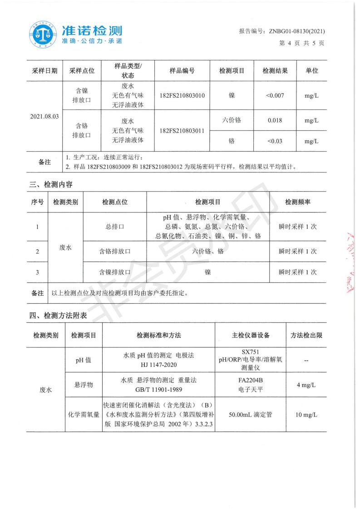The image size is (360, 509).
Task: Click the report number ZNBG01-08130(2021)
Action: [297, 31]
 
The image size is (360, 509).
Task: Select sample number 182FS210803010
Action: [182, 96]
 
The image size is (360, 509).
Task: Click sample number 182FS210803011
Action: [182, 131]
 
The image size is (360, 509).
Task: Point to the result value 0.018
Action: [275, 121]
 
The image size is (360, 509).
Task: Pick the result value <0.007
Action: [275, 96]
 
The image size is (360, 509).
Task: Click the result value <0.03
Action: [275, 141]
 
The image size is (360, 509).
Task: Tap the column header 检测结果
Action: [275, 71]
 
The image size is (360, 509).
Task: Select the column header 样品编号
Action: [182, 71]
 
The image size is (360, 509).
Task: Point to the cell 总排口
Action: [115, 226]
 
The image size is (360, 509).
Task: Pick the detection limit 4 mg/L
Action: [306, 385]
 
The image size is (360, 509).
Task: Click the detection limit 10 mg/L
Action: [306, 415]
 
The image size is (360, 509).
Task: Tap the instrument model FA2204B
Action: [250, 381]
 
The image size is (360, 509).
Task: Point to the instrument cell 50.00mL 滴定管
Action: [250, 415]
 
